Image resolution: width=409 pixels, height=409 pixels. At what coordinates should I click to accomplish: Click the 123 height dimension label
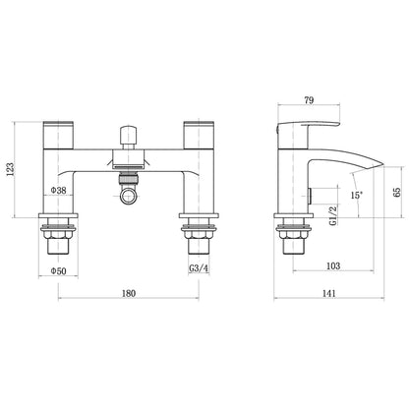click(11, 170)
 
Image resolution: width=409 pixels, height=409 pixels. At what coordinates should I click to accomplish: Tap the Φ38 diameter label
click(58, 190)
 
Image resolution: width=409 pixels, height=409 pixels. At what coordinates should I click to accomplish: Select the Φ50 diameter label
click(58, 271)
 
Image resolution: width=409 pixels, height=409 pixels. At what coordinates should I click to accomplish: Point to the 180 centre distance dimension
click(129, 293)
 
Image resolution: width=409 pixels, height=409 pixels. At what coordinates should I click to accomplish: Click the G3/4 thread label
click(199, 268)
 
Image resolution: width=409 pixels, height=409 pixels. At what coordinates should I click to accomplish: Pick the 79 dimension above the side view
click(309, 100)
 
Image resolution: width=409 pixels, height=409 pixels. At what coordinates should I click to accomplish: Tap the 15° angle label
click(356, 196)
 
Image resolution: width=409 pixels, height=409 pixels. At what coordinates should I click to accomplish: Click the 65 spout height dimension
click(397, 192)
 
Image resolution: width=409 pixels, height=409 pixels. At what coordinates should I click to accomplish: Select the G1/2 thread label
click(333, 215)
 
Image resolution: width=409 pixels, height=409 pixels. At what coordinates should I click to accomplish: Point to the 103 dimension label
click(333, 265)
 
